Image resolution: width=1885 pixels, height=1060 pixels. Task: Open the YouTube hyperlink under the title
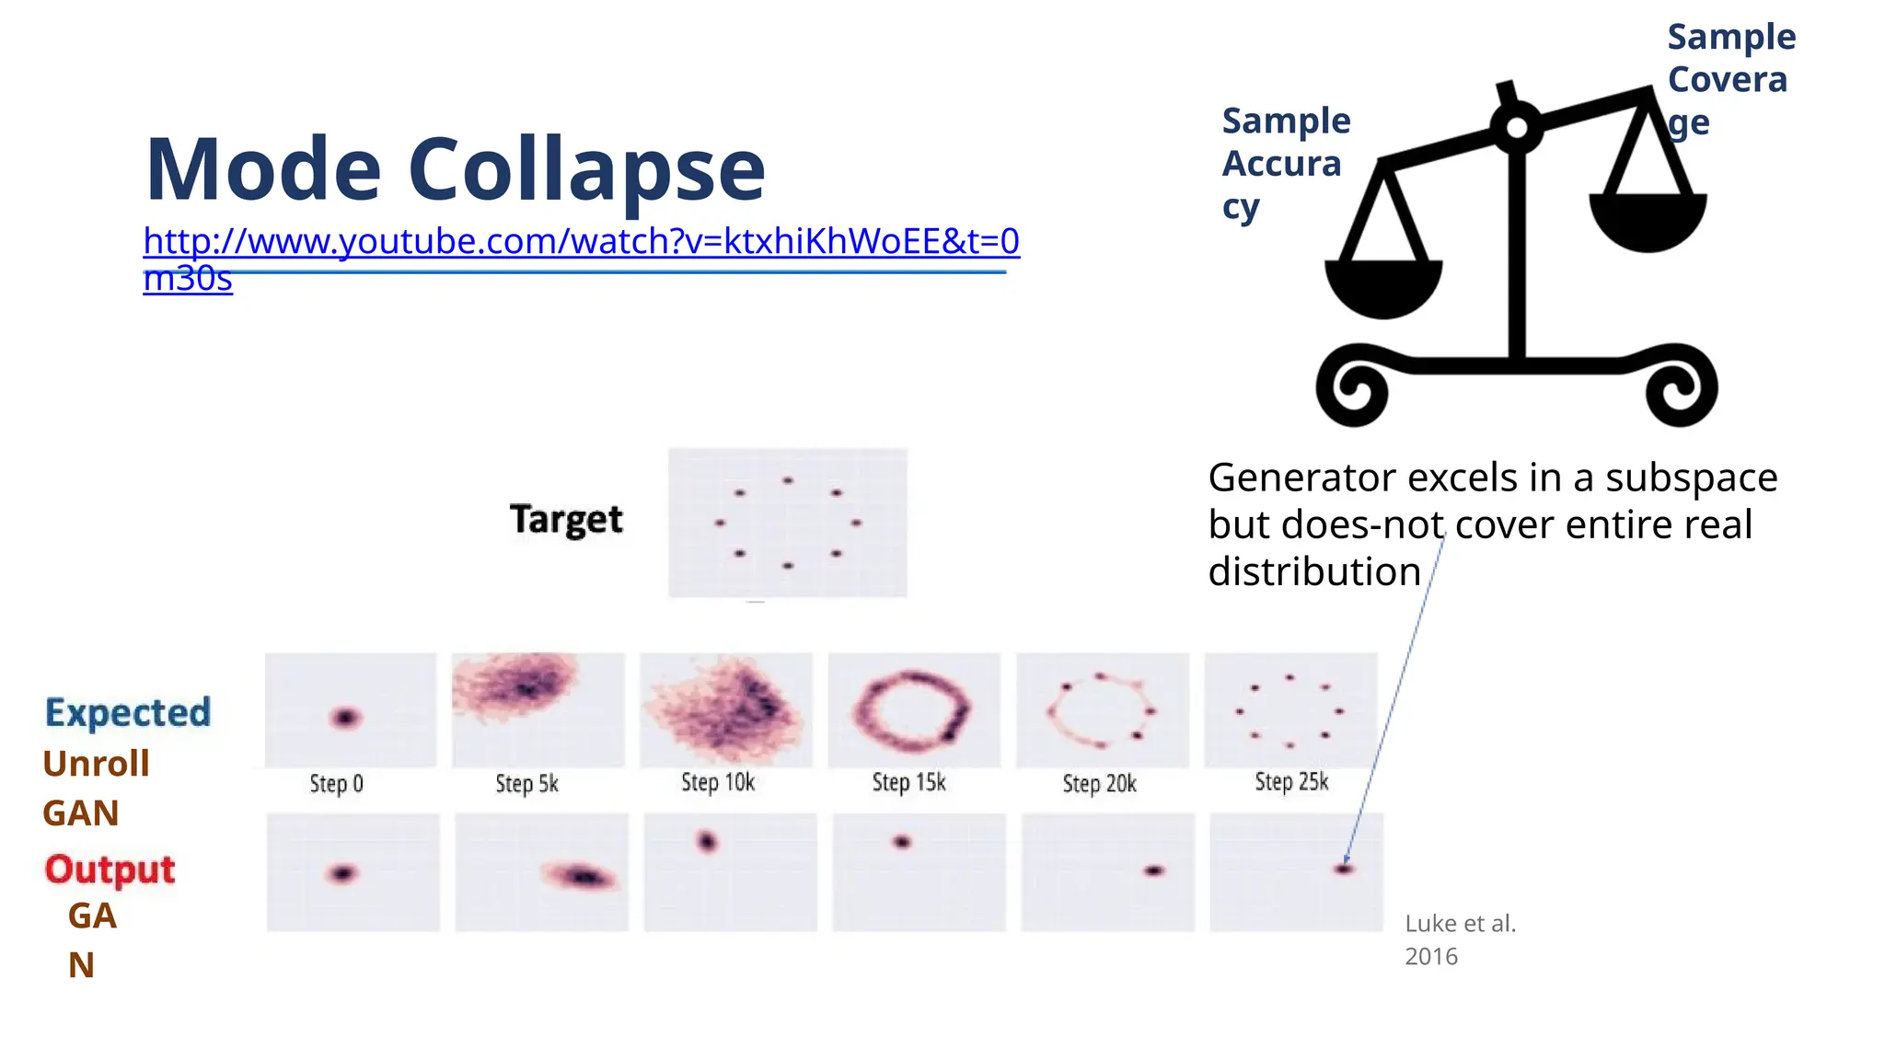580,242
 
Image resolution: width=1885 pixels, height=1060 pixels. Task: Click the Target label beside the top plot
566,520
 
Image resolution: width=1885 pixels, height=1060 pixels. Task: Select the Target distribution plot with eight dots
787,523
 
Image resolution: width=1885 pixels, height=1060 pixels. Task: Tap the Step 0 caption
336,784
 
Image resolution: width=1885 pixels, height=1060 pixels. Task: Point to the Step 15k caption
908,783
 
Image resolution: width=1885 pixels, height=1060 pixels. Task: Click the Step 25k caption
1291,782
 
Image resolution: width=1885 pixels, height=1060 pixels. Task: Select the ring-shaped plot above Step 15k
913,710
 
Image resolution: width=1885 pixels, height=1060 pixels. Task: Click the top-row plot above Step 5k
538,710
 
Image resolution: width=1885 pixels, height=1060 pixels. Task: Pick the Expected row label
128,713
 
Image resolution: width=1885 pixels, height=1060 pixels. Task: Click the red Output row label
110,870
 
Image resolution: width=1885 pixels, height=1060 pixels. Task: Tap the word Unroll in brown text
96,764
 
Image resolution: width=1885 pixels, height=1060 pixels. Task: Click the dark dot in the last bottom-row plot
1344,869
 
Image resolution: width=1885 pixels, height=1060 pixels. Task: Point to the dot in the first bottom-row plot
342,873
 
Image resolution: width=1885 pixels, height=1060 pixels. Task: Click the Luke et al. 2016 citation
1460,939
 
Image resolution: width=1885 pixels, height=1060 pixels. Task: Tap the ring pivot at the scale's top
1517,129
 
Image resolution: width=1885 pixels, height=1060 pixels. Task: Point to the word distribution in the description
1314,572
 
